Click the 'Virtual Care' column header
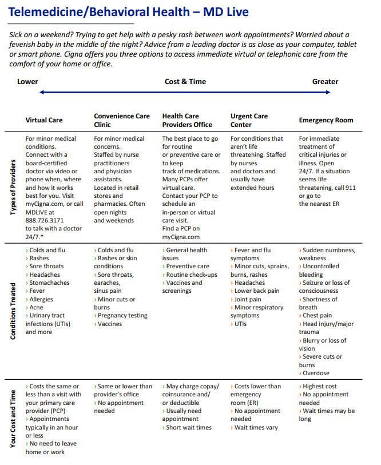tap(44, 120)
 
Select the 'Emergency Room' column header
tap(326, 120)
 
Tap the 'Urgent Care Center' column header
tap(249, 120)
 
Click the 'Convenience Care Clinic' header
tap(122, 120)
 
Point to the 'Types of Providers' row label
tap(13, 187)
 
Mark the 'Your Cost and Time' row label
tap(13, 418)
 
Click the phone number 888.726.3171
tap(44, 220)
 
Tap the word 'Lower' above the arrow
tap(27, 82)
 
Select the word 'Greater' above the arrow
tap(325, 82)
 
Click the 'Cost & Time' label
tap(185, 82)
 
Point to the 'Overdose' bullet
tap(316, 373)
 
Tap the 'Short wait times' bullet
tap(188, 427)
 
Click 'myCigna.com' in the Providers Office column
tap(181, 237)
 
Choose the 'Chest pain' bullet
tap(317, 315)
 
